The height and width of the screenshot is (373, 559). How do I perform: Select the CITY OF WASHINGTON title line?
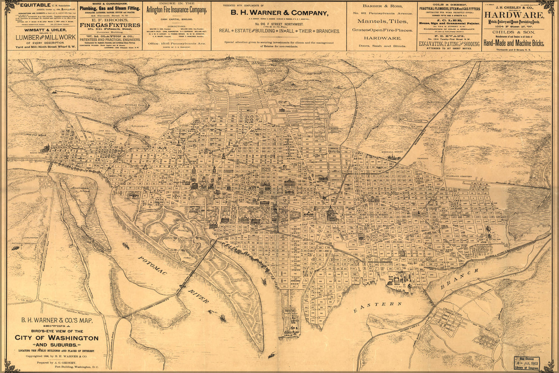(x=57, y=338)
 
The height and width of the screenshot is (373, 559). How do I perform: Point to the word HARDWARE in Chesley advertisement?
(x=514, y=15)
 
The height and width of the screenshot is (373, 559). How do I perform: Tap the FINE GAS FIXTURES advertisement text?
(x=110, y=25)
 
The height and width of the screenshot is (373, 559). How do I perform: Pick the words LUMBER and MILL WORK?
(x=45, y=37)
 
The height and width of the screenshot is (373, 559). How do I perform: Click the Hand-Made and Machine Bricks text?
(x=514, y=43)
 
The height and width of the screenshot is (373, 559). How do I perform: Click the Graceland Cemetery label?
(x=460, y=176)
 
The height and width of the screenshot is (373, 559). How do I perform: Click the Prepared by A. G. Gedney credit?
(x=56, y=363)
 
